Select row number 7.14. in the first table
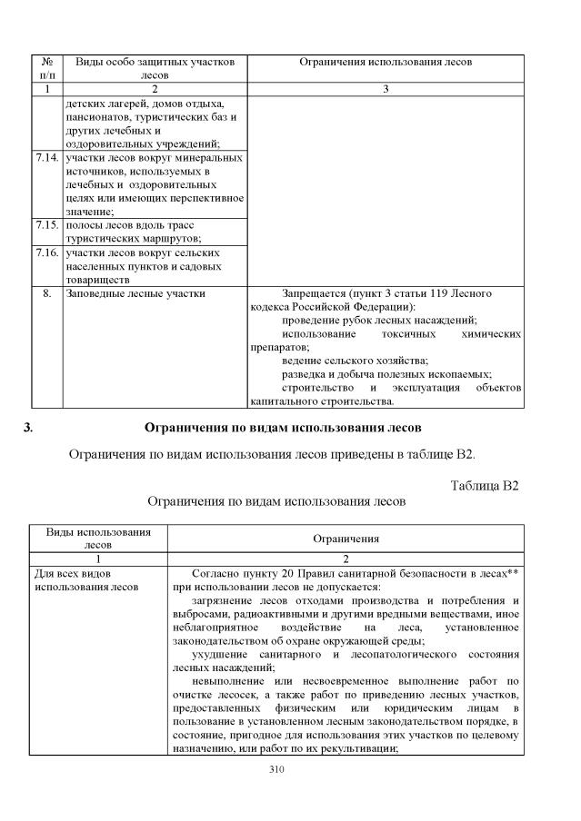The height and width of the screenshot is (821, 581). coord(46,158)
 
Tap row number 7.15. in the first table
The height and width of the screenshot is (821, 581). coord(46,225)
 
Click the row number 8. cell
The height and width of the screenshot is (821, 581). coord(46,293)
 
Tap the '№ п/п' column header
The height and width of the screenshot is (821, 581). coord(46,69)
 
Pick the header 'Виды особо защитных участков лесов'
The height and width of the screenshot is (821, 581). coord(155,69)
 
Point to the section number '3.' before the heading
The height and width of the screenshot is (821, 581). coord(28,427)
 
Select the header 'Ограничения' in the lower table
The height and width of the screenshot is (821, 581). coord(346,539)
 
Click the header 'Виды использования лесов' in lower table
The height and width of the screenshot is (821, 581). coord(97,539)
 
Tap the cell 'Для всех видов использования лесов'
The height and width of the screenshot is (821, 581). coord(86,579)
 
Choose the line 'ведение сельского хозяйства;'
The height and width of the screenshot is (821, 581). coord(342,361)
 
